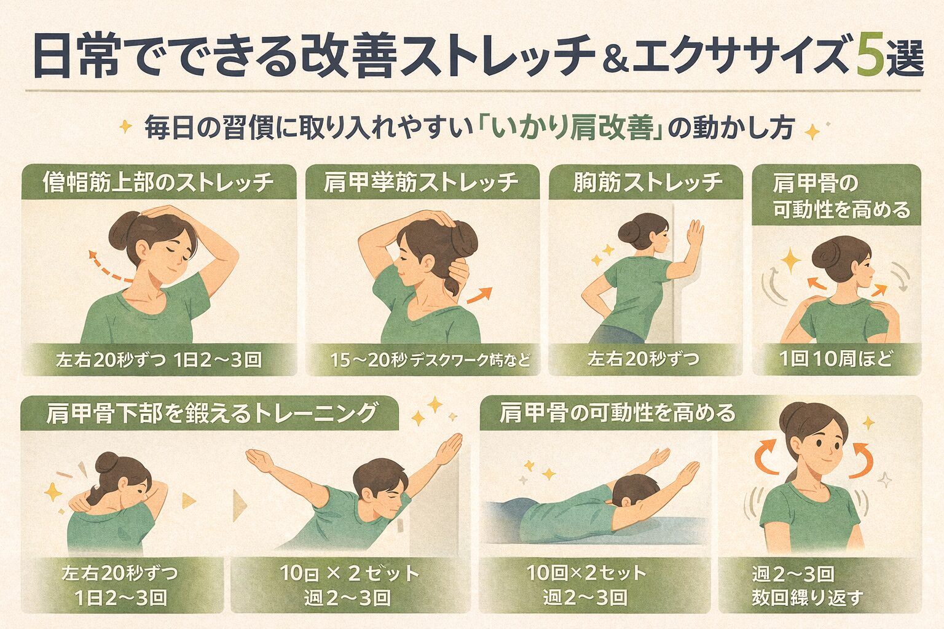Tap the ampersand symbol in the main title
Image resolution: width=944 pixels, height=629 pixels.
615,63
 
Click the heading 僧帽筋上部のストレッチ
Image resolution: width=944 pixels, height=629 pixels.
158,182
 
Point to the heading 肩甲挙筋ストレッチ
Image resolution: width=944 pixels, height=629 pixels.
421,182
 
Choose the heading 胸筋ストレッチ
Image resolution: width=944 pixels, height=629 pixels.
648,182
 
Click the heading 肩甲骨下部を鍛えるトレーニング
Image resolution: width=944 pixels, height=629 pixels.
211,413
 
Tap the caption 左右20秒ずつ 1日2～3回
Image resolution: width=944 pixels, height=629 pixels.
159,360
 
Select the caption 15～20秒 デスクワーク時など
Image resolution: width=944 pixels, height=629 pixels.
430,360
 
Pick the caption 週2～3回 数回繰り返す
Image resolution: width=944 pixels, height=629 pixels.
807,585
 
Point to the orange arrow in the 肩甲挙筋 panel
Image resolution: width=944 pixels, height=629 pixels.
479,294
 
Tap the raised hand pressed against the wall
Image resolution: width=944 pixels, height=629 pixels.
695,233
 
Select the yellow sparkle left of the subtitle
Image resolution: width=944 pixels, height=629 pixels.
125,127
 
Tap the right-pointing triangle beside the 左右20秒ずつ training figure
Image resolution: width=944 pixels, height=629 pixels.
189,501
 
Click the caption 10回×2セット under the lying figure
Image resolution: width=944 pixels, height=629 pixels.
586,573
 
